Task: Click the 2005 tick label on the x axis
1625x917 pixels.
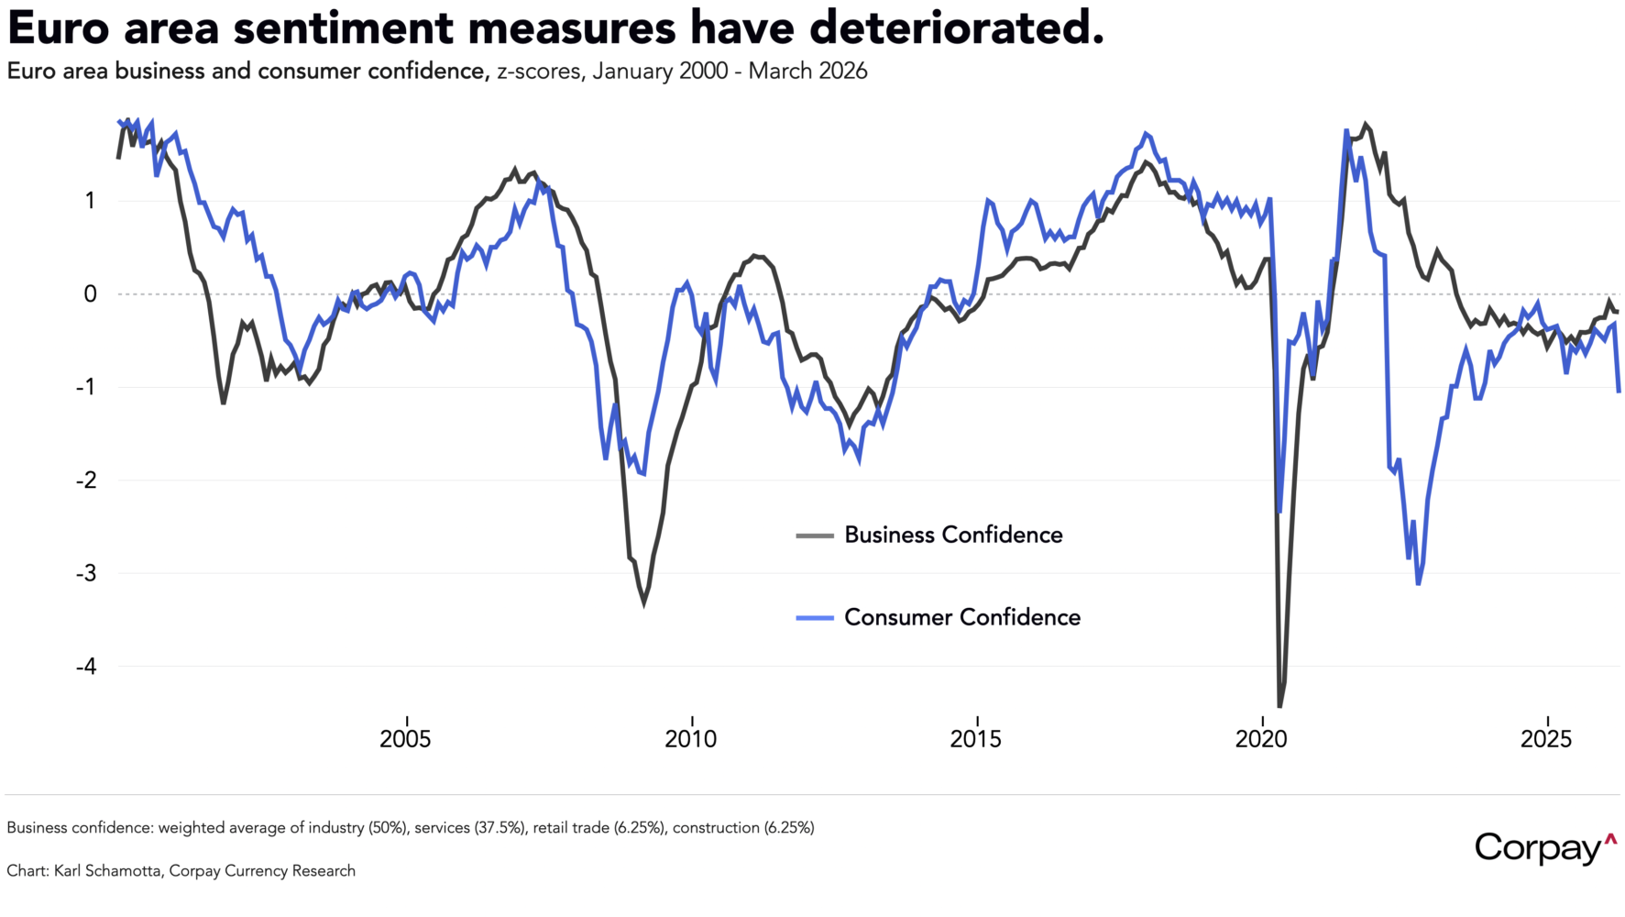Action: coord(405,739)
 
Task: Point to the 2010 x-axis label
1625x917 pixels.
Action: coord(691,739)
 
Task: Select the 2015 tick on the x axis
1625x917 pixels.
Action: coord(976,739)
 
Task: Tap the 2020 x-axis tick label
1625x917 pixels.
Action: coord(1262,739)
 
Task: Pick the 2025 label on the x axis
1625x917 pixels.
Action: coord(1547,739)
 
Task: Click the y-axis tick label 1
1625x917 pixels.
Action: coord(90,201)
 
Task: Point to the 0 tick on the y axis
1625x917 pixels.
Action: coord(90,294)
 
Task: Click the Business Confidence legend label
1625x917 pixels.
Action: coord(953,536)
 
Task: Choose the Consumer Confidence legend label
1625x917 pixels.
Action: coord(962,618)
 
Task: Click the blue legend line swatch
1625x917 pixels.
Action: coord(815,618)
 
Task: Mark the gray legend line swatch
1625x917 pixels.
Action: coord(815,536)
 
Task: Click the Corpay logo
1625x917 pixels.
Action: coord(1545,848)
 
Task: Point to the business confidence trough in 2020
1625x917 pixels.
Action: coord(1279,706)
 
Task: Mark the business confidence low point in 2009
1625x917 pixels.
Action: coord(643,602)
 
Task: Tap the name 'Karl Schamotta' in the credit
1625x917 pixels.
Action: coord(109,871)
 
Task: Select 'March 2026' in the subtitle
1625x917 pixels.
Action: coord(807,72)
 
